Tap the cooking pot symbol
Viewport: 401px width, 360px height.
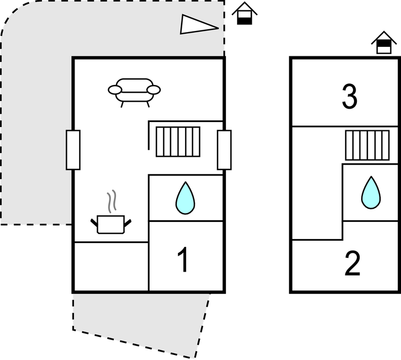110,224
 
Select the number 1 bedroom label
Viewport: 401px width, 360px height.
183,260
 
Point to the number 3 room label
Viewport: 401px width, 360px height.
349,98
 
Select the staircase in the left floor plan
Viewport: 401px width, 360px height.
177,141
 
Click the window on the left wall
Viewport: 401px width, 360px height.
73,150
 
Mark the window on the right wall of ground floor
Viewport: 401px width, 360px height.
224,150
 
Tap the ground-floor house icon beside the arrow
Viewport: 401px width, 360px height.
245,13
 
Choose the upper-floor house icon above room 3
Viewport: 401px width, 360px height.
384,43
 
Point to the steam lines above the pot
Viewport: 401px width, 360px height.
112,202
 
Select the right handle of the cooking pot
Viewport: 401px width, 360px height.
128,223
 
